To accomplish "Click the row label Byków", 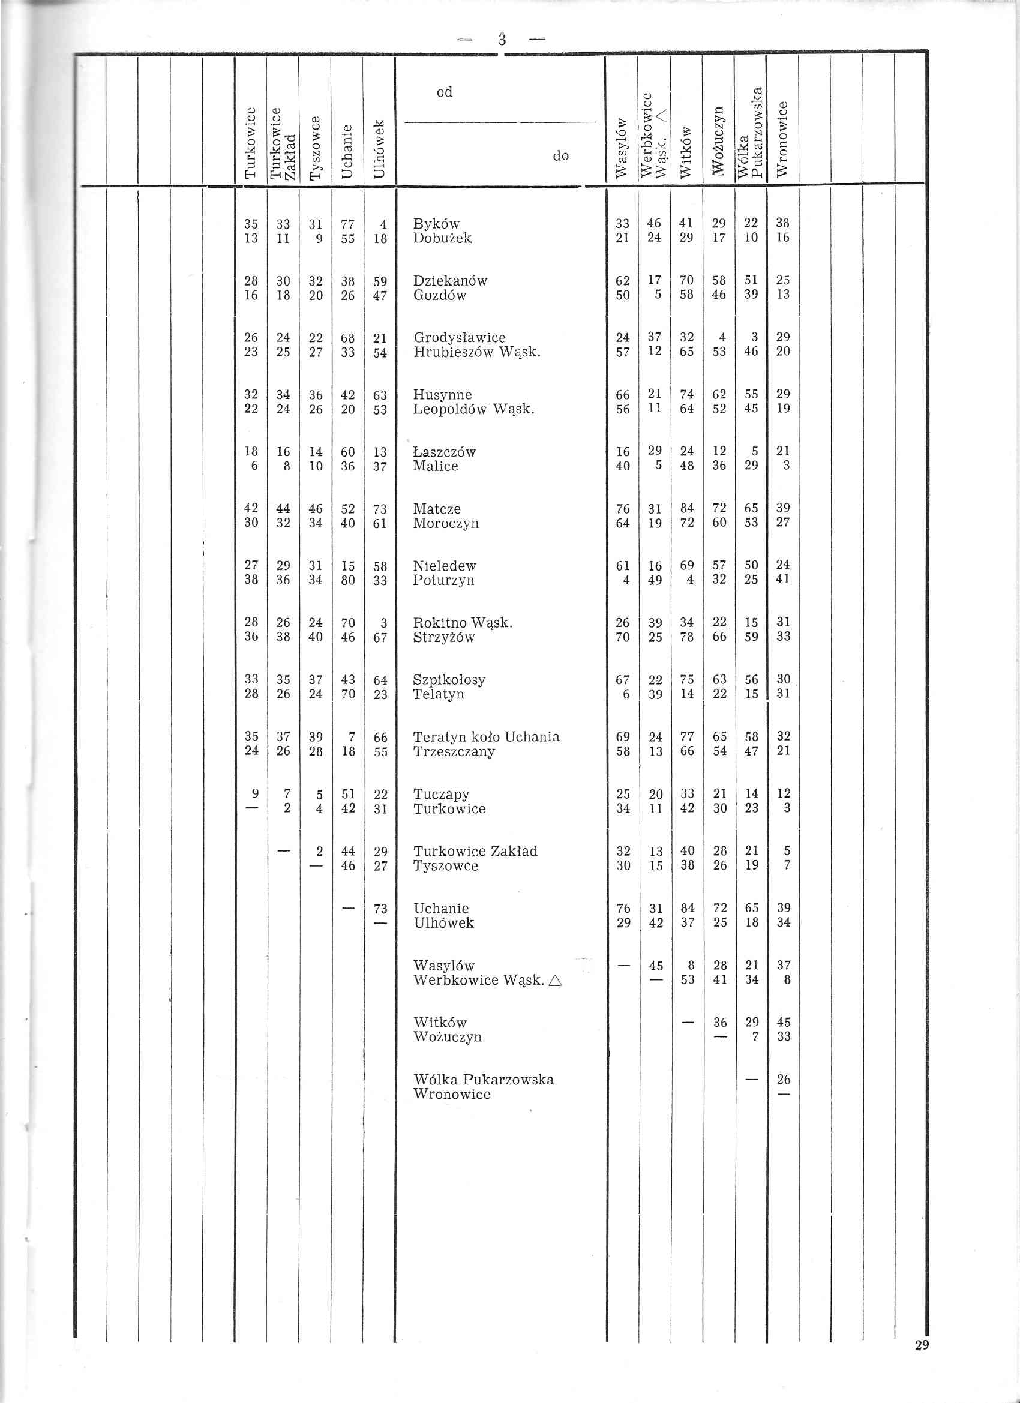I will pyautogui.click(x=436, y=223).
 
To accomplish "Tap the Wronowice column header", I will pyautogui.click(x=782, y=139).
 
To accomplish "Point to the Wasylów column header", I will pyautogui.click(x=622, y=148).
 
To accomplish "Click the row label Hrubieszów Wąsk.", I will pyautogui.click(x=477, y=352).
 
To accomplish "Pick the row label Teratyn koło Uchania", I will pyautogui.click(x=486, y=736).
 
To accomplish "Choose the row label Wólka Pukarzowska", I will pyautogui.click(x=483, y=1080).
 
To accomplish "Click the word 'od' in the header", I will pyautogui.click(x=444, y=92).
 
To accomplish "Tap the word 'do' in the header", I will pyautogui.click(x=560, y=156).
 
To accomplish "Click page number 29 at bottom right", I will pyautogui.click(x=922, y=1362).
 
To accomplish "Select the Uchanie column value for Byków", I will pyautogui.click(x=347, y=223).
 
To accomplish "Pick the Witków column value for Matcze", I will pyautogui.click(x=686, y=508).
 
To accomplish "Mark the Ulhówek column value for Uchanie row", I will pyautogui.click(x=380, y=908).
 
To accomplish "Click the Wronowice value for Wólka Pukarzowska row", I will pyautogui.click(x=783, y=1080).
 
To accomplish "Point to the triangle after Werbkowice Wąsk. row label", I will pyautogui.click(x=555, y=981).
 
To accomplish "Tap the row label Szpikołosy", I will pyautogui.click(x=449, y=679).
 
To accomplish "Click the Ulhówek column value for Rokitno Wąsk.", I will pyautogui.click(x=383, y=622).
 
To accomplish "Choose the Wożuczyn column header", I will pyautogui.click(x=718, y=142).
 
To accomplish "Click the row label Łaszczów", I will pyautogui.click(x=444, y=452).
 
